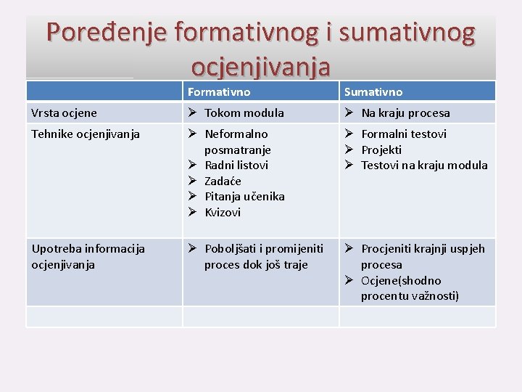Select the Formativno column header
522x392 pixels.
[219, 92]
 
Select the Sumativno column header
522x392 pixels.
[373, 92]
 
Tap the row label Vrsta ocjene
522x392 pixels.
[65, 113]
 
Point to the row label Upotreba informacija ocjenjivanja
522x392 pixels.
[88, 256]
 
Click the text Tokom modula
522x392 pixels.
[244, 113]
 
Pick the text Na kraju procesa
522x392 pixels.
[405, 113]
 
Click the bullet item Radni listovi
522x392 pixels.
[236, 166]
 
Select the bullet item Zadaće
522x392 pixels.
[223, 181]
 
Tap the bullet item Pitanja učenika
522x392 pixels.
[244, 197]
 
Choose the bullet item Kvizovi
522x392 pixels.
[223, 213]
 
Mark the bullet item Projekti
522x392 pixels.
[381, 150]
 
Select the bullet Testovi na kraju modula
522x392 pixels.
[424, 166]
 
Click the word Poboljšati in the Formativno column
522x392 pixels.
[231, 249]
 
